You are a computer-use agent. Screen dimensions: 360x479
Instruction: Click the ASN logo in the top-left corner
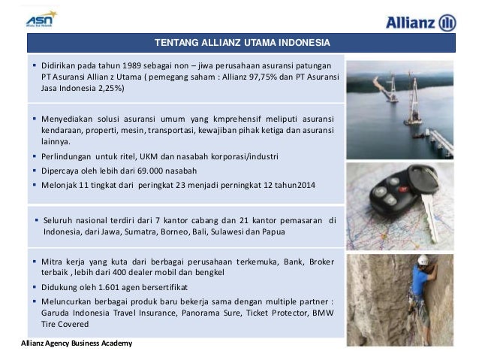[x=41, y=17]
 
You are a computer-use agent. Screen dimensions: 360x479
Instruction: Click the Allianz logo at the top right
[x=420, y=23]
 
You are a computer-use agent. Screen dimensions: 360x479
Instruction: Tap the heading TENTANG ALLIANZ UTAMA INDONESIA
[x=242, y=41]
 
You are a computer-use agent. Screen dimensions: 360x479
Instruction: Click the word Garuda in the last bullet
[x=57, y=313]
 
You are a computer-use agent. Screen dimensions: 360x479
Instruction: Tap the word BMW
[x=324, y=313]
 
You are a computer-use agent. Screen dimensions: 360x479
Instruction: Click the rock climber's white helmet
[x=423, y=260]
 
